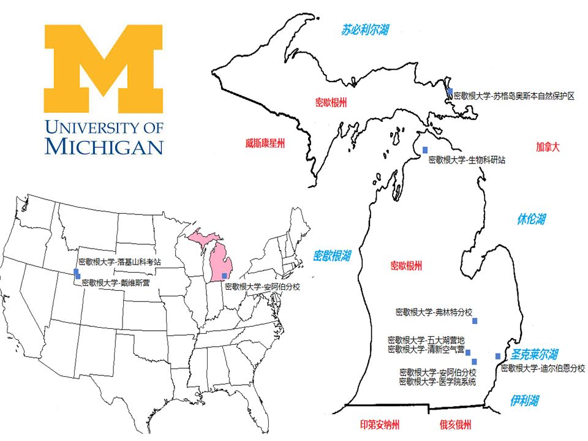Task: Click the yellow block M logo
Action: point(104,67)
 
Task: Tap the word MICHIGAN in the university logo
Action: point(104,146)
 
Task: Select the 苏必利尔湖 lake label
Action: point(365,29)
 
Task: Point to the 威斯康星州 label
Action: point(265,144)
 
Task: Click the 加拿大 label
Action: point(548,147)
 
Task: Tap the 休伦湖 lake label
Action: point(530,219)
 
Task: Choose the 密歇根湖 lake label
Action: point(332,255)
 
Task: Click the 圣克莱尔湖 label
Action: point(535,355)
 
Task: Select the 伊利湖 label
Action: point(524,401)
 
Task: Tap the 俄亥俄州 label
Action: point(455,425)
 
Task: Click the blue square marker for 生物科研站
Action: point(425,150)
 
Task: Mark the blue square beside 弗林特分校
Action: point(475,320)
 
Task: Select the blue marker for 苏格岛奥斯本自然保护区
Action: point(450,92)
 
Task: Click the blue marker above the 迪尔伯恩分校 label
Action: point(498,356)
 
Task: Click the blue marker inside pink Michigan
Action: point(224,276)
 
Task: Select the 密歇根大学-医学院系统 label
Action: point(437,382)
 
